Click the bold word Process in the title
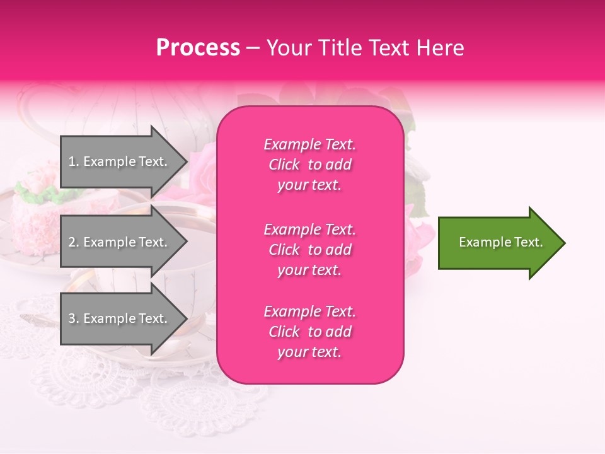tap(198, 48)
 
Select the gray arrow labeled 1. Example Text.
tap(120, 161)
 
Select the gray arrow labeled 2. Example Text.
tap(120, 242)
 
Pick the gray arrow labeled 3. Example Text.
tap(120, 318)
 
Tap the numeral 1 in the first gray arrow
tap(71, 161)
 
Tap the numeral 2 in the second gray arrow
tap(72, 242)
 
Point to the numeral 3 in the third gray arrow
tap(72, 318)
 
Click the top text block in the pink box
tap(309, 165)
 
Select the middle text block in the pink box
tap(309, 250)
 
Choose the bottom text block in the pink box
tap(309, 332)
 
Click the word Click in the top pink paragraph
tap(284, 165)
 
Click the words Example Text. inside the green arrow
tap(500, 242)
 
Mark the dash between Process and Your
tap(253, 49)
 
